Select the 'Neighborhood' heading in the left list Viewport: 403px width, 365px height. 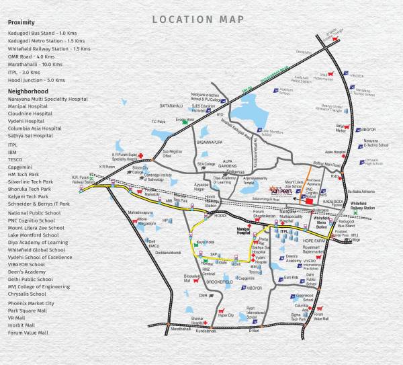[x=28, y=90]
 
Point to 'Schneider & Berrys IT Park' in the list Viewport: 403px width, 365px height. [x=39, y=203]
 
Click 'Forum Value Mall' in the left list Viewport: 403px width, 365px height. [x=28, y=332]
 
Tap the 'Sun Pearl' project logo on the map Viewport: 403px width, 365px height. [x=280, y=190]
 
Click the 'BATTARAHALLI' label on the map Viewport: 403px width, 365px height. [x=171, y=106]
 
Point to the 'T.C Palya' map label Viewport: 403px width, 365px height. [x=159, y=122]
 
